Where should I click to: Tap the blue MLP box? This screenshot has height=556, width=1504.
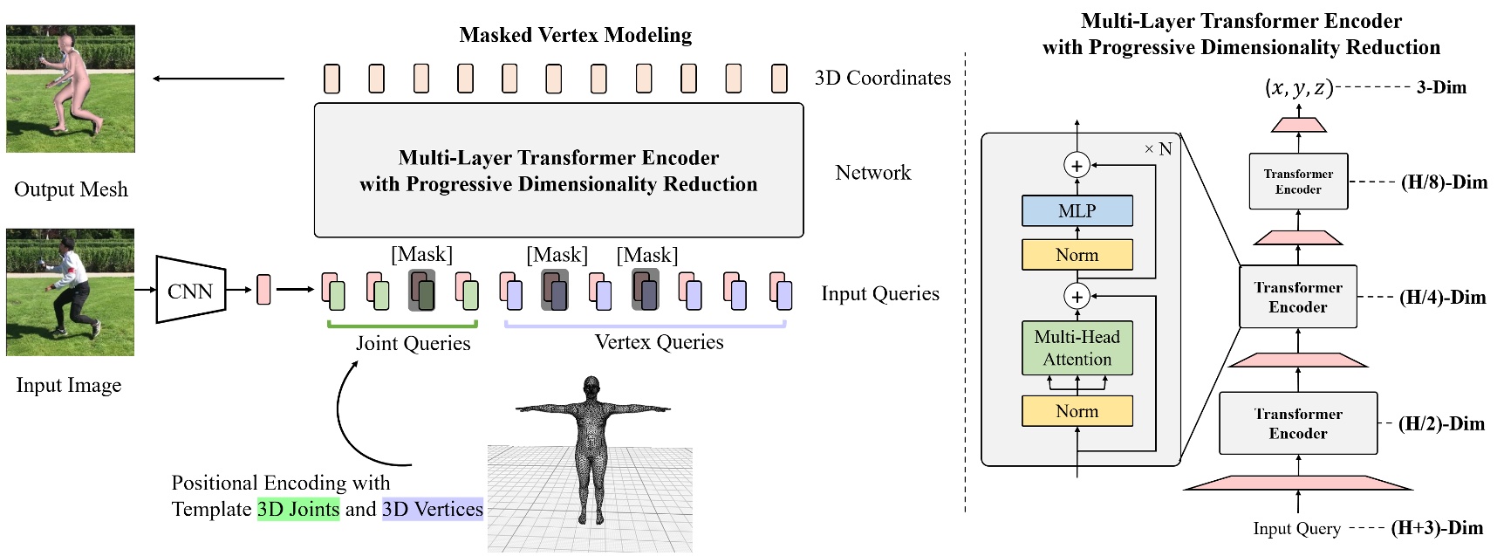(1077, 210)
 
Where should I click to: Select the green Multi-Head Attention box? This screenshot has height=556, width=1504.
(1077, 347)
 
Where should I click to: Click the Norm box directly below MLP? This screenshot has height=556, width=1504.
(1077, 255)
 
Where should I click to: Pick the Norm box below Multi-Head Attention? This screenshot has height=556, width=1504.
(1077, 411)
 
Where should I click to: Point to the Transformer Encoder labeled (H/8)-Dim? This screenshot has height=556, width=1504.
(1298, 182)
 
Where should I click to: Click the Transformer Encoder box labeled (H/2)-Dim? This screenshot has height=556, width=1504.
(1298, 423)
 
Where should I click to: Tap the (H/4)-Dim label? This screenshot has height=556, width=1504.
(1442, 297)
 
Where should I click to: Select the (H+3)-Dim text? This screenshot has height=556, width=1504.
(1436, 527)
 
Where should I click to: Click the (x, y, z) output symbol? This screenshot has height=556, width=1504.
(1298, 87)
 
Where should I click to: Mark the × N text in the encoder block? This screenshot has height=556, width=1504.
(1158, 148)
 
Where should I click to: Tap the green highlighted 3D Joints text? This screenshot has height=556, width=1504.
(298, 509)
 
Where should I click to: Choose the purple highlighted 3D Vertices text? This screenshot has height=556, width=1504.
(433, 509)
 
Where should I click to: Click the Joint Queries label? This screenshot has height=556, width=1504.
(413, 343)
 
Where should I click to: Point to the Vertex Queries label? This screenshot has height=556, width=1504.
(659, 342)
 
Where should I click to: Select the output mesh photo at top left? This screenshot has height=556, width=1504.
(71, 88)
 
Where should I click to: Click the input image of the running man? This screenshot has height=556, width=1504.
(70, 292)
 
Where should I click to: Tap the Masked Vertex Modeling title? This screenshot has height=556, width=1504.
(575, 35)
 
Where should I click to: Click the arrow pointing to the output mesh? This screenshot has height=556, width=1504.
(218, 79)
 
